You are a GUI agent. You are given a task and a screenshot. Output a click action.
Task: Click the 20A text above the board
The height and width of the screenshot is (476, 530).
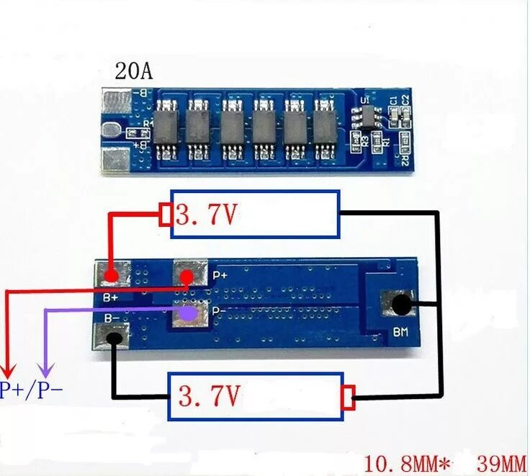133,72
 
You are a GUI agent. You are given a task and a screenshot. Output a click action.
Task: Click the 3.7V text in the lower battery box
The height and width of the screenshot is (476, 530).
209,396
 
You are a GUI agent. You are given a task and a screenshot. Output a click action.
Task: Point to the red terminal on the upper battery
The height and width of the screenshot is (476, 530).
165,215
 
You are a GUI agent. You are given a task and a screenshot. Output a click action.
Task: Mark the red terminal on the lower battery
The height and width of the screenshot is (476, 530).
349,397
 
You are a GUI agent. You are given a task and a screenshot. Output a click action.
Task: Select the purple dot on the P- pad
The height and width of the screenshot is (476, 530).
189,314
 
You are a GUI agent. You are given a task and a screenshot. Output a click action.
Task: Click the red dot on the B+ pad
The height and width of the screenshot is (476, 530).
112,275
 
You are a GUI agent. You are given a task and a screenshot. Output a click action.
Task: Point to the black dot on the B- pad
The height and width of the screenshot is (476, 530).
113,337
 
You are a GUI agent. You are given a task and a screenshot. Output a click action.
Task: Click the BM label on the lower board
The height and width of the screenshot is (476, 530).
401,333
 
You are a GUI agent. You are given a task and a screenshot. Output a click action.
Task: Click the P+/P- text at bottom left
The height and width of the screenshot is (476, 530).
31,390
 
